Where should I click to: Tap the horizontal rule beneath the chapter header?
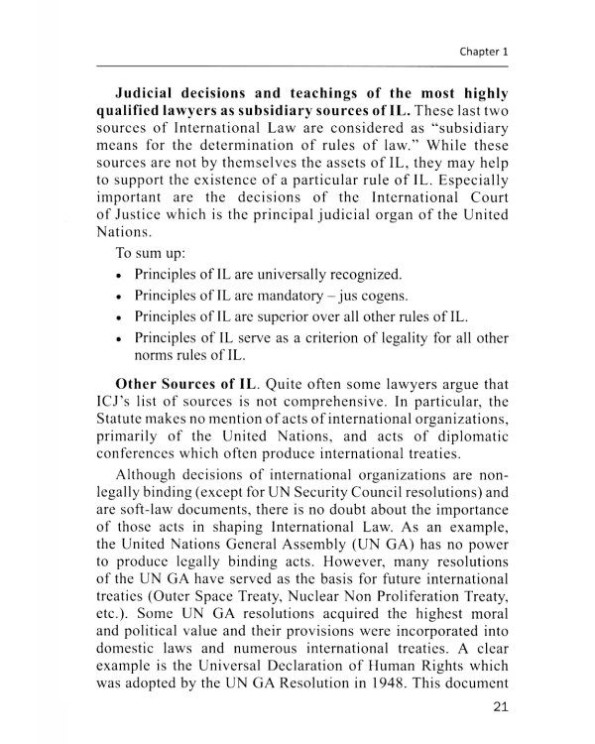(297, 67)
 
